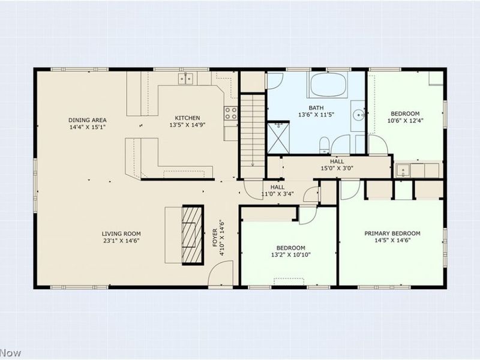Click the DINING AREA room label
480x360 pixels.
(87, 119)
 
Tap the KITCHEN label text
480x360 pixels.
(187, 118)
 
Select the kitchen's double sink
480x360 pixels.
(185, 79)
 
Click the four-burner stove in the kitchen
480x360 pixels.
(231, 113)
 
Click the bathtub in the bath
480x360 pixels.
(328, 85)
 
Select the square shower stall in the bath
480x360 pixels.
(278, 137)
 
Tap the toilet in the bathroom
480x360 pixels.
(323, 144)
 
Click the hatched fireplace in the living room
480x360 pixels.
(193, 235)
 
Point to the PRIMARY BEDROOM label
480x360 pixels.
(392, 233)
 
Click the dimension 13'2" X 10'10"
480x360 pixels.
(290, 254)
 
